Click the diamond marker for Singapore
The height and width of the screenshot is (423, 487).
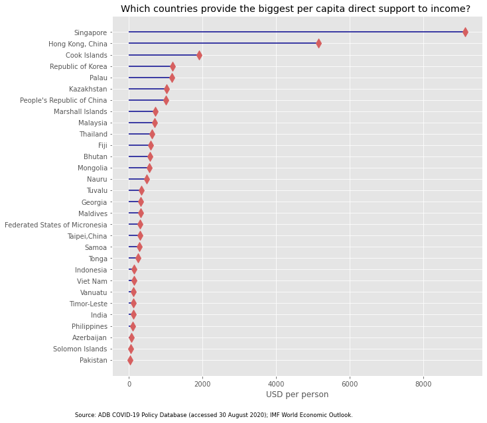[465, 32]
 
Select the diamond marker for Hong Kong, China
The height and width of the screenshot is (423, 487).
[318, 44]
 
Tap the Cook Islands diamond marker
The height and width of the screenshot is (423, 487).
[199, 55]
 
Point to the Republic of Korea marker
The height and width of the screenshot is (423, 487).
[173, 66]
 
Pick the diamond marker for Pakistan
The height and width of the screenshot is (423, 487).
[130, 360]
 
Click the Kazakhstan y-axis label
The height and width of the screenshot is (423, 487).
[88, 89]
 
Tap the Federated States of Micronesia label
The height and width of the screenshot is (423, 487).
[56, 225]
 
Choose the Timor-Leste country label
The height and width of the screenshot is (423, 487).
[88, 304]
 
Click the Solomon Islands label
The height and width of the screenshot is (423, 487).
[80, 349]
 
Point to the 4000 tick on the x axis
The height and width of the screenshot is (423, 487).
[276, 383]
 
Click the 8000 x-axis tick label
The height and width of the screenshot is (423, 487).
[423, 383]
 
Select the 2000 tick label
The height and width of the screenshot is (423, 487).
[202, 383]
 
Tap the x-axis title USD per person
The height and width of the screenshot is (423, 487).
[297, 394]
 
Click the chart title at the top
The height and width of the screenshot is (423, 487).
[295, 9]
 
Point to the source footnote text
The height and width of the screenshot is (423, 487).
[214, 415]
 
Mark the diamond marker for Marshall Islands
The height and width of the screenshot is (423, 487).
[155, 111]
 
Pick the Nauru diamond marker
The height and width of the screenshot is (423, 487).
[147, 179]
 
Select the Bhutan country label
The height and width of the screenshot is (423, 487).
[95, 156]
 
